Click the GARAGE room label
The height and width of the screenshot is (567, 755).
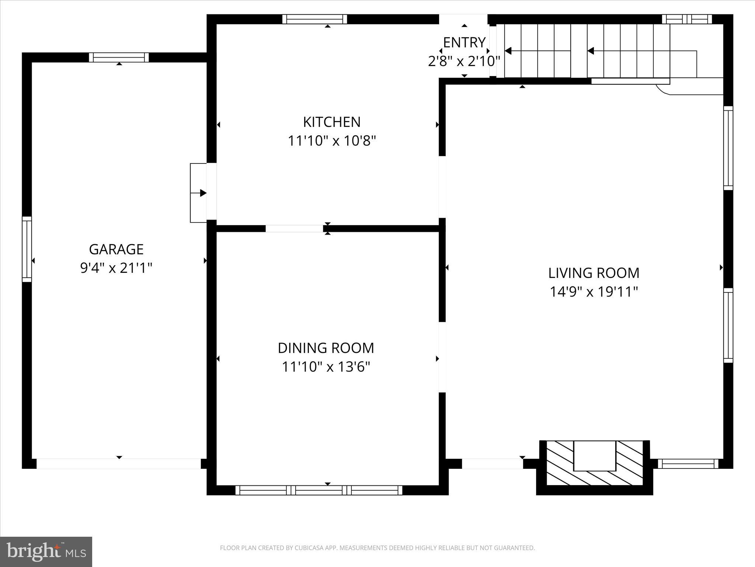[116, 249]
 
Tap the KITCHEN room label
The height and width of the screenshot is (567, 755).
[331, 122]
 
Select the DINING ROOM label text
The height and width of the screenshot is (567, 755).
[326, 348]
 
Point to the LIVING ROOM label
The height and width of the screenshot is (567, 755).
[594, 273]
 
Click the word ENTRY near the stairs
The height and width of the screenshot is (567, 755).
[464, 42]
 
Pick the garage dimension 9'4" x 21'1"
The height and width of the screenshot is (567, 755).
[116, 268]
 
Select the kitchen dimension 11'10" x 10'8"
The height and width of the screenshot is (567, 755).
[331, 141]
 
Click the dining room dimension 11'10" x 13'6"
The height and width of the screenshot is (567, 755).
[326, 367]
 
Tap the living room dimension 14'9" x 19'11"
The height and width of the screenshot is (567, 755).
[594, 292]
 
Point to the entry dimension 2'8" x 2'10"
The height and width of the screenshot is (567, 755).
[464, 61]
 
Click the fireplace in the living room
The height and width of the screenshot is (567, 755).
[594, 463]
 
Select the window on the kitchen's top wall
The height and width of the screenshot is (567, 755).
[314, 19]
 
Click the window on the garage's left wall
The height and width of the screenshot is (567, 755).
[27, 249]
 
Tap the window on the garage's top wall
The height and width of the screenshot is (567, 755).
[119, 57]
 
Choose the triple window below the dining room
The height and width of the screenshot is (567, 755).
[319, 490]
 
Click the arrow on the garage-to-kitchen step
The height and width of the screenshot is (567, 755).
[202, 193]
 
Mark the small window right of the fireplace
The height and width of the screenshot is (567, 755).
[688, 464]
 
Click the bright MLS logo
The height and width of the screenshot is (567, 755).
[46, 551]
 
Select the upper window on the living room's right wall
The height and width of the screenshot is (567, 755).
[728, 148]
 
